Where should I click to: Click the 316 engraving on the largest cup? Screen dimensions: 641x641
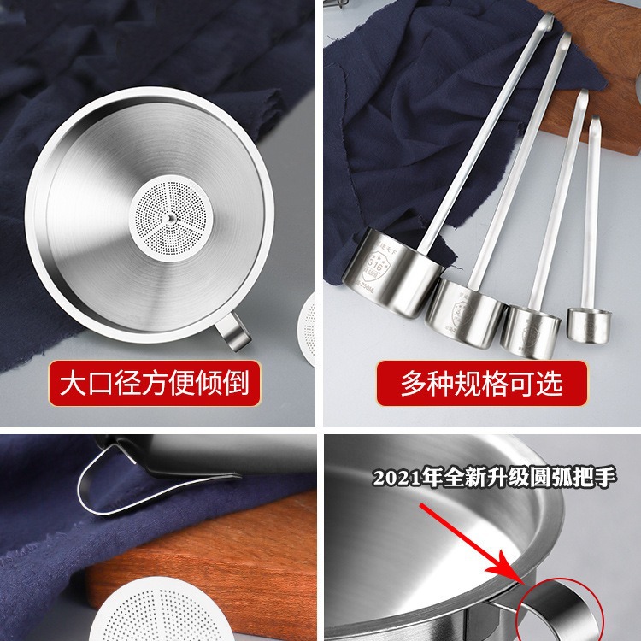tap(374, 263)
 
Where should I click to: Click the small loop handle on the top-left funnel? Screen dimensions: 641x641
tap(232, 332)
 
